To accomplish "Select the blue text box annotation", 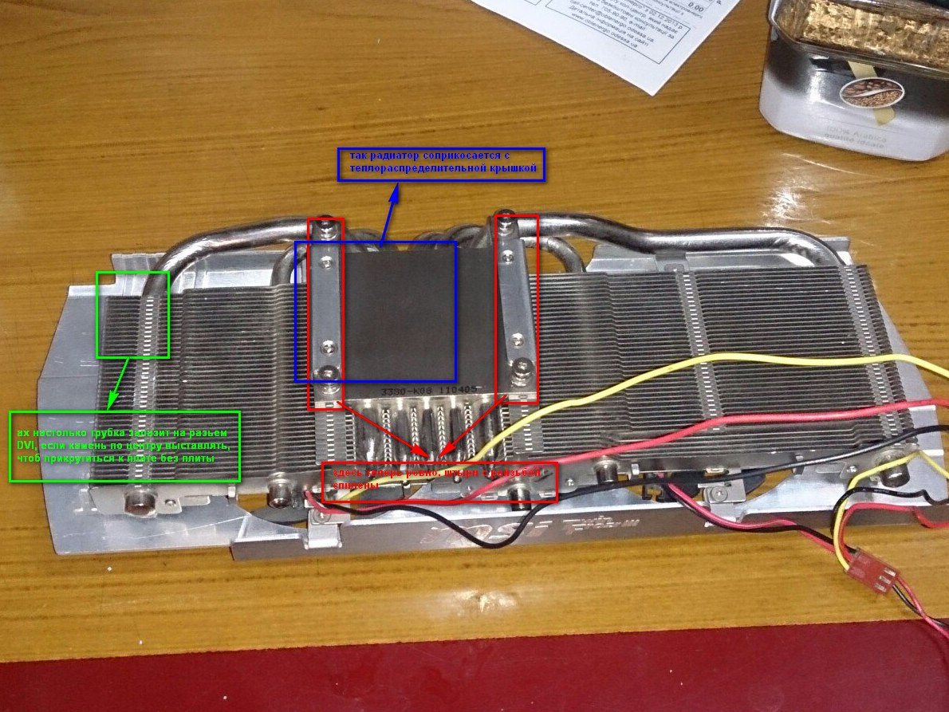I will pyautogui.click(x=441, y=164).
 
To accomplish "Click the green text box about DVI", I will pyautogui.click(x=124, y=446).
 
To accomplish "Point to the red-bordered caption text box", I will pyautogui.click(x=439, y=482).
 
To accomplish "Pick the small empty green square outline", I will pyautogui.click(x=132, y=314).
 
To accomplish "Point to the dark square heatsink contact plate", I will pyautogui.click(x=399, y=311).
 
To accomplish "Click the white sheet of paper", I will pyautogui.click(x=630, y=32).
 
